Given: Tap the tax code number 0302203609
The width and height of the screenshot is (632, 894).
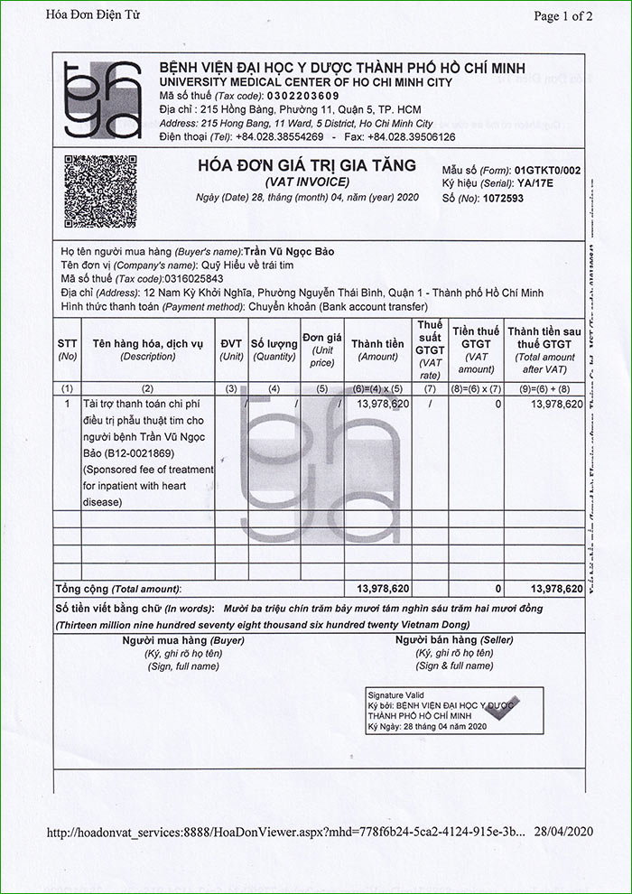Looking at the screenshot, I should (x=304, y=96).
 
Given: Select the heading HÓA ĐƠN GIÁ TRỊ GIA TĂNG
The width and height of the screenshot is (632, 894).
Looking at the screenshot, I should (x=307, y=165).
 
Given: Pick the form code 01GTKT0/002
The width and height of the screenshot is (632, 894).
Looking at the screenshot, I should (x=547, y=170).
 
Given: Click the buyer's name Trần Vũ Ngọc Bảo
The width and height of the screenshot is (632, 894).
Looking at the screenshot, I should (x=291, y=251).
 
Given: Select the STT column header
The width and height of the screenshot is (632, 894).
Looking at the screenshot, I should (x=68, y=349).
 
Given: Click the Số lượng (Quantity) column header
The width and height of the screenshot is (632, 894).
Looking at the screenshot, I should (x=274, y=349).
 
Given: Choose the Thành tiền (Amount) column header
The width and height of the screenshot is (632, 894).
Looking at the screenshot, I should (x=377, y=349).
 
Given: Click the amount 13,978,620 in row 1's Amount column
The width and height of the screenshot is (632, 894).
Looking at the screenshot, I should (x=383, y=404).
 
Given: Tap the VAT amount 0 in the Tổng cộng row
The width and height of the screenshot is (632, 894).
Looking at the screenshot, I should (x=497, y=589).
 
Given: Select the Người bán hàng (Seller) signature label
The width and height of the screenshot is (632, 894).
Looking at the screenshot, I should (x=442, y=640).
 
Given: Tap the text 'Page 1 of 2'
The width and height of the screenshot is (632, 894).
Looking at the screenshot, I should (x=563, y=15).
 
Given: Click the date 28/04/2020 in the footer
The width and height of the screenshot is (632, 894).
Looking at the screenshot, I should (x=565, y=832).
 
